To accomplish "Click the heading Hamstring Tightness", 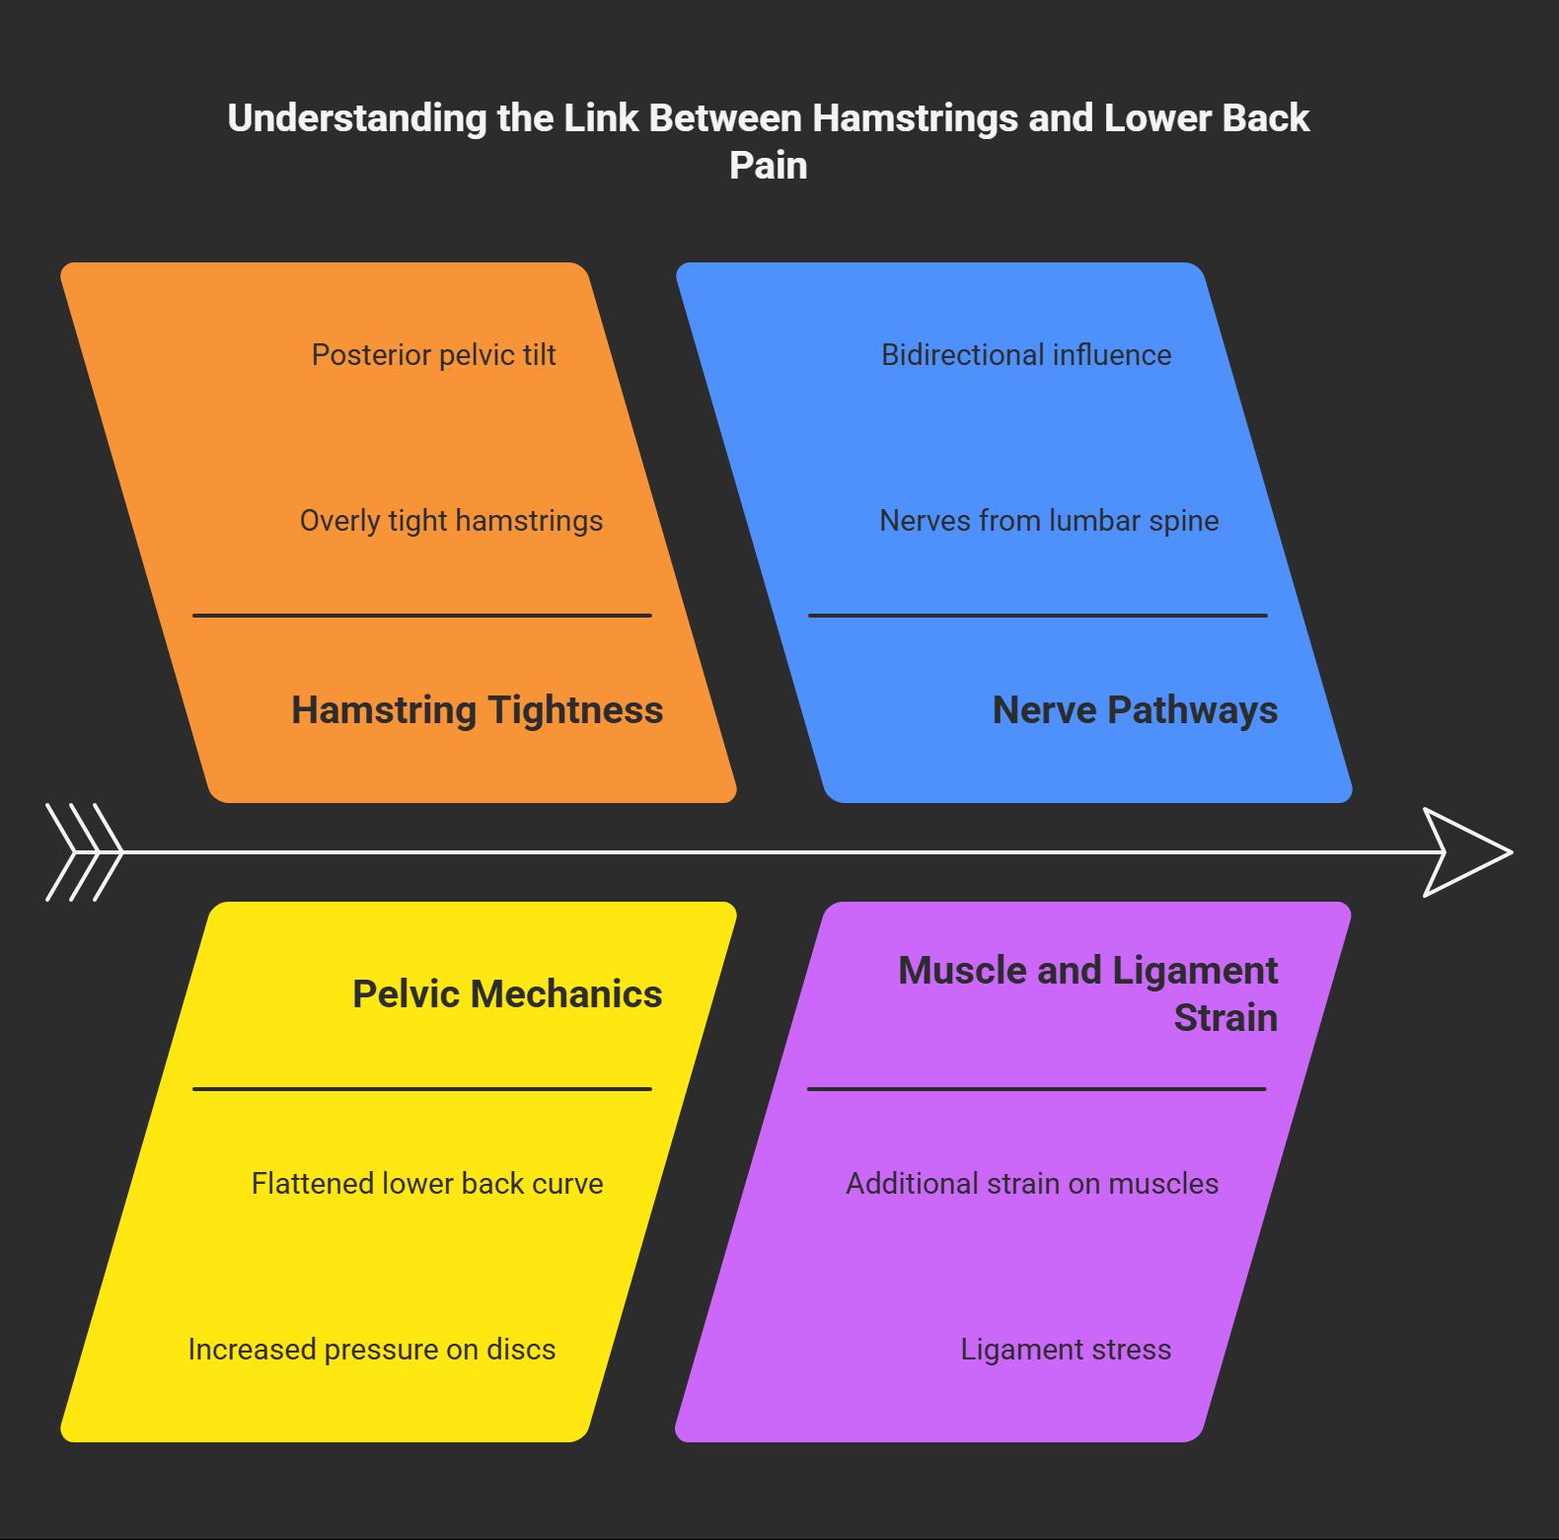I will coord(477,710).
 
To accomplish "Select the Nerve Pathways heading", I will coord(1135,710).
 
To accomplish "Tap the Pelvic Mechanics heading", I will coord(507,994).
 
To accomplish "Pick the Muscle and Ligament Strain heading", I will coord(1087,994).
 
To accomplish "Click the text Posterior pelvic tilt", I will coord(433,355).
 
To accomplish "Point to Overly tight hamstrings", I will coord(451,521).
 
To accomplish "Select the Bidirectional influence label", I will coord(1026,355).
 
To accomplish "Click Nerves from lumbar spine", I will coord(1049,521).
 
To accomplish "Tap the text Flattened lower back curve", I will coord(427,1184).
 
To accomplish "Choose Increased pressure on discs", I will coord(372,1350).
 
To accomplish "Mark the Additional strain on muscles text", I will coord(1032,1184).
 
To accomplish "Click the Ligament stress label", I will coord(1066,1350).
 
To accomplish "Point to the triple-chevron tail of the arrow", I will coord(85,852).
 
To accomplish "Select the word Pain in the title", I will coord(768,166).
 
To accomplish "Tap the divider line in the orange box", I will coord(422,616).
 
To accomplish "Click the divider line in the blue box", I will coord(1038,616).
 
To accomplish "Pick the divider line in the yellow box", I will coord(422,1089).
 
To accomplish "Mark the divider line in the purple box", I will coord(1036,1089).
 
